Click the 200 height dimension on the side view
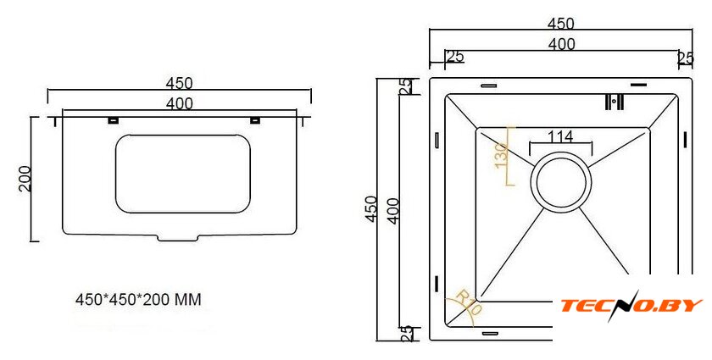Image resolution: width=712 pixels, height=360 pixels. click(x=25, y=179)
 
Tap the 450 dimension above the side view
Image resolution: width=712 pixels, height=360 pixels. click(x=179, y=84)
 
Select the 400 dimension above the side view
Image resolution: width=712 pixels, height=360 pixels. click(x=180, y=104)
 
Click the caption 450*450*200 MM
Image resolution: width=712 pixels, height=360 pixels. click(x=138, y=300)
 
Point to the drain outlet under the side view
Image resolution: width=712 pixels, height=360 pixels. click(x=178, y=237)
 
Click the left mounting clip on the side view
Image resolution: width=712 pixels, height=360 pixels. click(x=113, y=120)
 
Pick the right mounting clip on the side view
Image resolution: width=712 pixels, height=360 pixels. click(x=255, y=120)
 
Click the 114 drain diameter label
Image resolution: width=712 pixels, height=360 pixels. click(x=560, y=136)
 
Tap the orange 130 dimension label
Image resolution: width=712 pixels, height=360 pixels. click(x=501, y=155)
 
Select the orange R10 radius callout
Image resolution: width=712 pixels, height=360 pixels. click(x=468, y=302)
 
